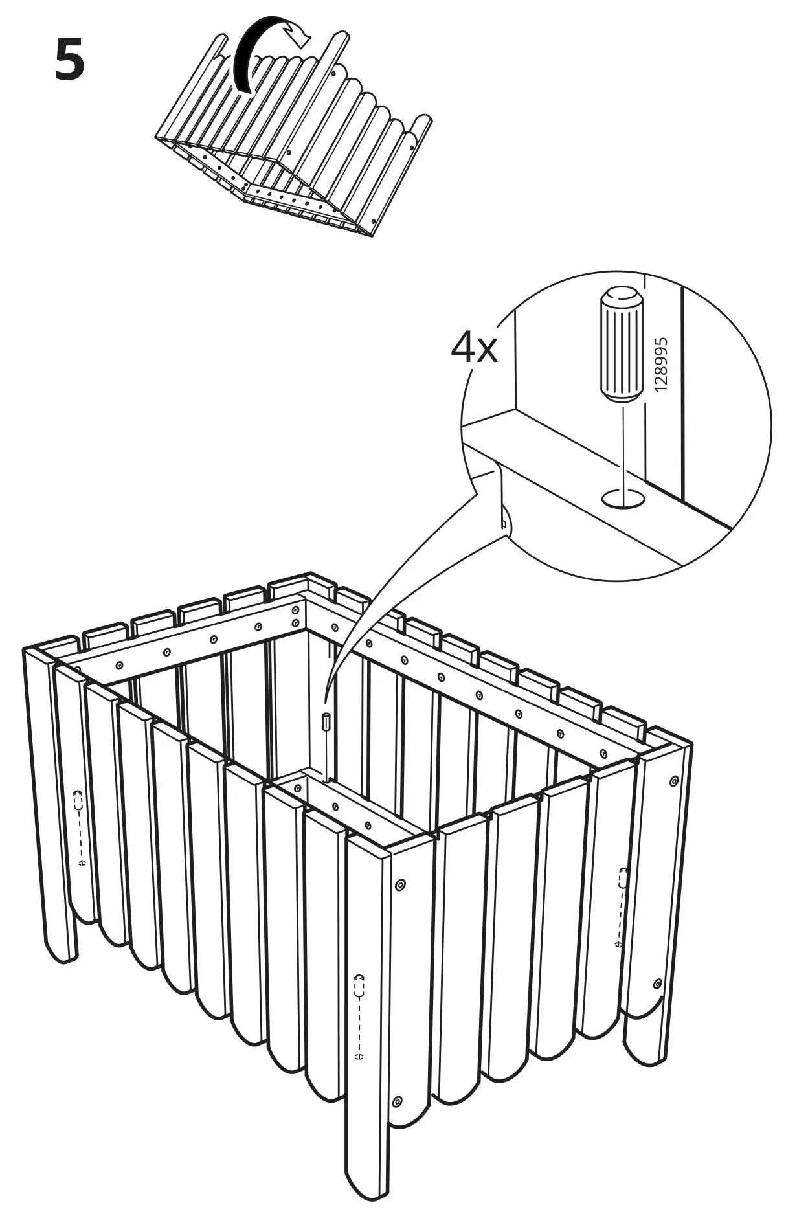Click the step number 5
(69, 60)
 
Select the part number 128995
(660, 365)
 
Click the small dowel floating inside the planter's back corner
(326, 721)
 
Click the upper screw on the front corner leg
(399, 884)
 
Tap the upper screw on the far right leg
(674, 781)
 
